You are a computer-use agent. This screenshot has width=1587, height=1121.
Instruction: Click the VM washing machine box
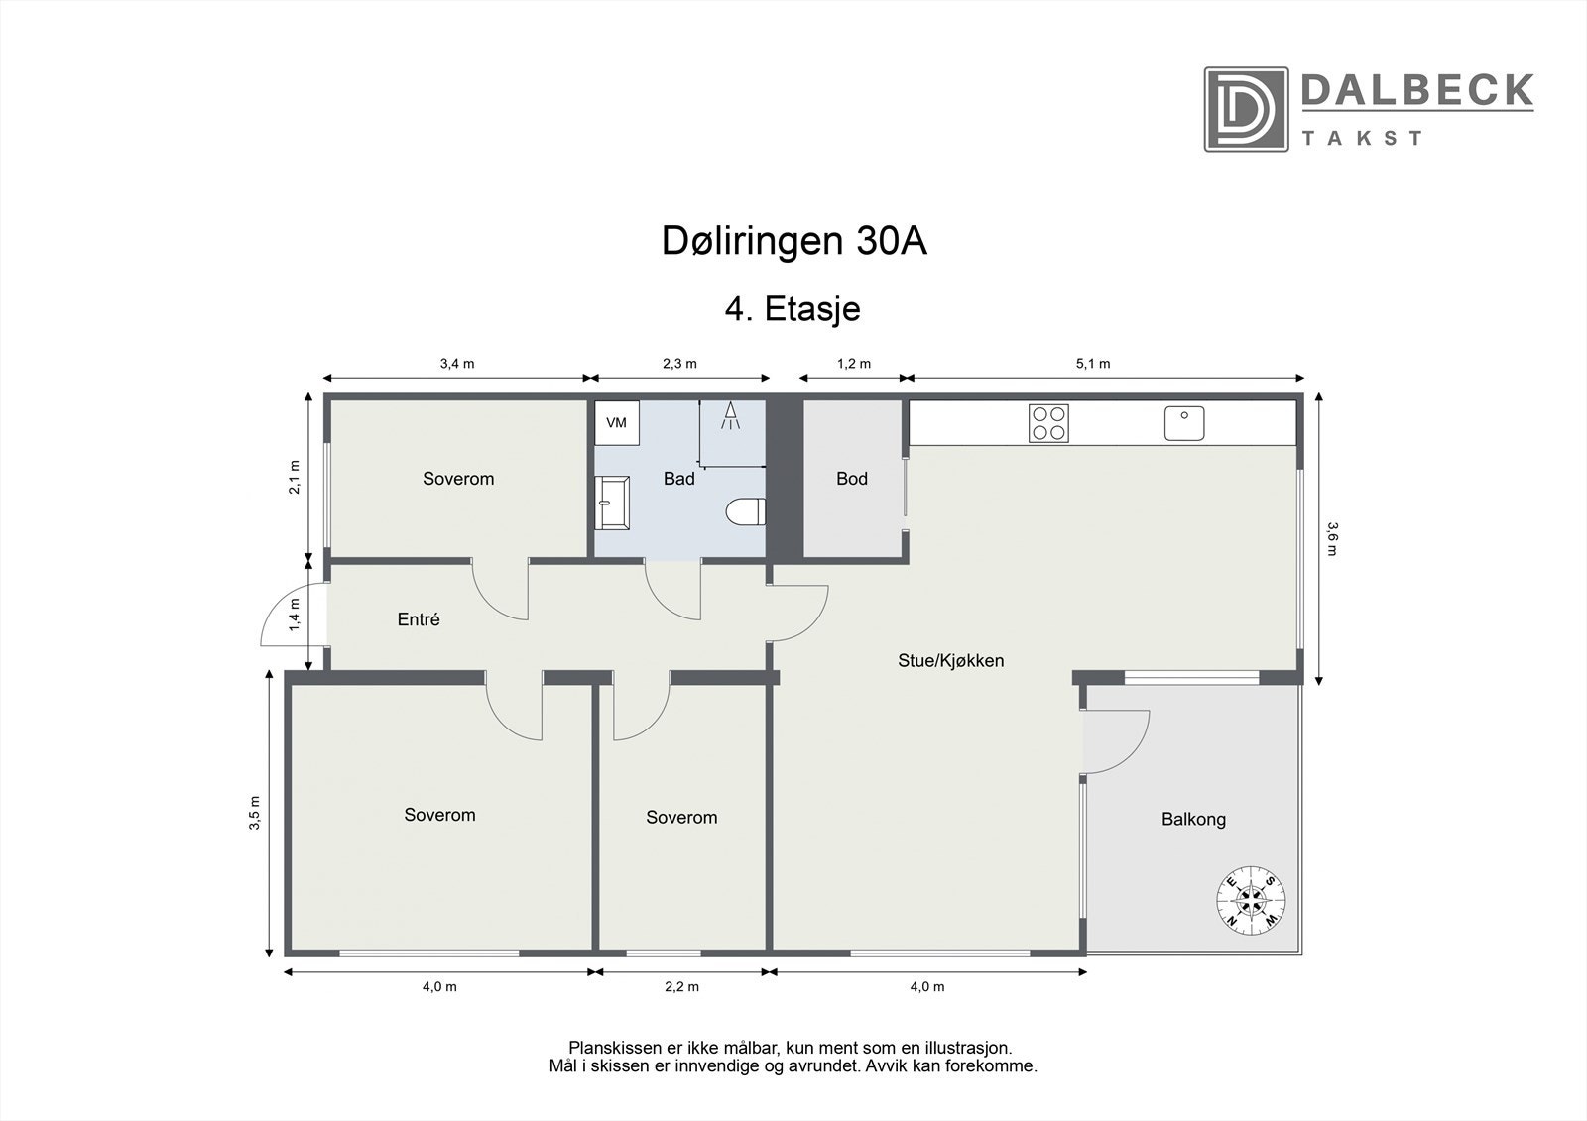pos(617,423)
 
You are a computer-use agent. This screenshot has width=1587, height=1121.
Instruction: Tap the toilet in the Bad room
pos(746,512)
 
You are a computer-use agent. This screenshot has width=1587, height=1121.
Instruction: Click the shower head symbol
pos(732,416)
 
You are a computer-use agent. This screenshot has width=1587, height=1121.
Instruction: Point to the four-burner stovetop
pos(1049,423)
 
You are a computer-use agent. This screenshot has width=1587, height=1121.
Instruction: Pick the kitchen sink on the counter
pos(1184,423)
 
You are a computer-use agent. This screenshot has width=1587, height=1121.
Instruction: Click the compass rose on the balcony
pos(1252,899)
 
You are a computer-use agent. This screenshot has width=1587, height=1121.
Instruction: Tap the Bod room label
pos(852,479)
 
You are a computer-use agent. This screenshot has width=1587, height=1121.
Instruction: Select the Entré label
pos(419,619)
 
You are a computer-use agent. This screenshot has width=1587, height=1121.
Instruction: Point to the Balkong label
pos(1193,819)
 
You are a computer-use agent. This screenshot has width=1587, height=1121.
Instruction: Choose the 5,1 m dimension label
pos(1093,364)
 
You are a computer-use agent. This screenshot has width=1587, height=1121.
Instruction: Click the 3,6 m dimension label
pos(1331,538)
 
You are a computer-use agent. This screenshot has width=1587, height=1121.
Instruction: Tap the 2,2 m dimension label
pos(681,986)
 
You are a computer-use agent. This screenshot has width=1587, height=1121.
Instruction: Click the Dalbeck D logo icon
pos(1246,109)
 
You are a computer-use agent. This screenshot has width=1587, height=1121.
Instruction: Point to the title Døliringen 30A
pos(793,242)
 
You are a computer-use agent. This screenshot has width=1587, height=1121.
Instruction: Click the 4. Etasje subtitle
pos(793,309)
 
